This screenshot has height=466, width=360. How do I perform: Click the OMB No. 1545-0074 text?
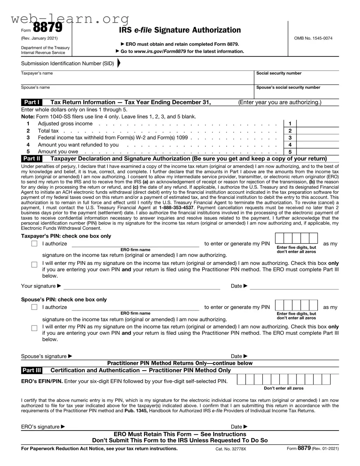pos(313,38)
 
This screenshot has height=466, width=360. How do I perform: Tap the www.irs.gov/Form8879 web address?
pos(160,51)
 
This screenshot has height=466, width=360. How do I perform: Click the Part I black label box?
pos(32,102)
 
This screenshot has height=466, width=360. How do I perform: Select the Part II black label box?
pos(32,158)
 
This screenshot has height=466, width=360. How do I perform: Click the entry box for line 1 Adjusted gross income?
pos(318,124)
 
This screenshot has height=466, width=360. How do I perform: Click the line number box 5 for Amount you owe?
pos(290,152)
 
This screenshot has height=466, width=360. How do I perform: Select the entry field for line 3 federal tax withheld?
pos(318,138)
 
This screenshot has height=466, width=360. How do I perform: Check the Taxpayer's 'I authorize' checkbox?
pos(34,244)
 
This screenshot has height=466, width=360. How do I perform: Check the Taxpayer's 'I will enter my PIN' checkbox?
pos(34,265)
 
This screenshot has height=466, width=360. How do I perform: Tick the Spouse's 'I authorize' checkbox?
pos(34,307)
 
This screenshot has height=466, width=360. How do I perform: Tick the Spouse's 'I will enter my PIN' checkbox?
pos(34,328)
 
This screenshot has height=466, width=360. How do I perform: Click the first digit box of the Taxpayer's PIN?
pos(280,238)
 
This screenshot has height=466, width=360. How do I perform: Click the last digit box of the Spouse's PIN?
pos(313,305)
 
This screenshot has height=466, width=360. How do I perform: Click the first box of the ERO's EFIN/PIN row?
pos(241,379)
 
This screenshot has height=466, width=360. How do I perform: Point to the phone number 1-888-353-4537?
pos(176,208)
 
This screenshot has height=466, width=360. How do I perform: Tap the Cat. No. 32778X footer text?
pos(231,449)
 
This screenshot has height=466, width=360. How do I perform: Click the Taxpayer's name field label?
pos(37,73)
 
